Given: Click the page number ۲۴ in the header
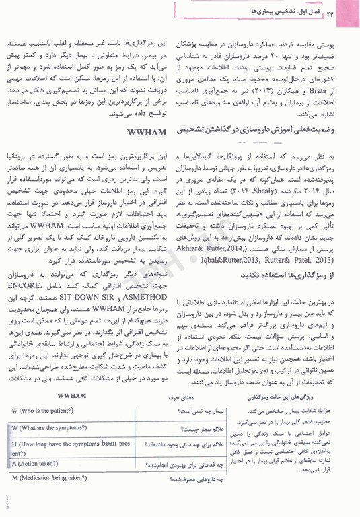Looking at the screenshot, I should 340,11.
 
